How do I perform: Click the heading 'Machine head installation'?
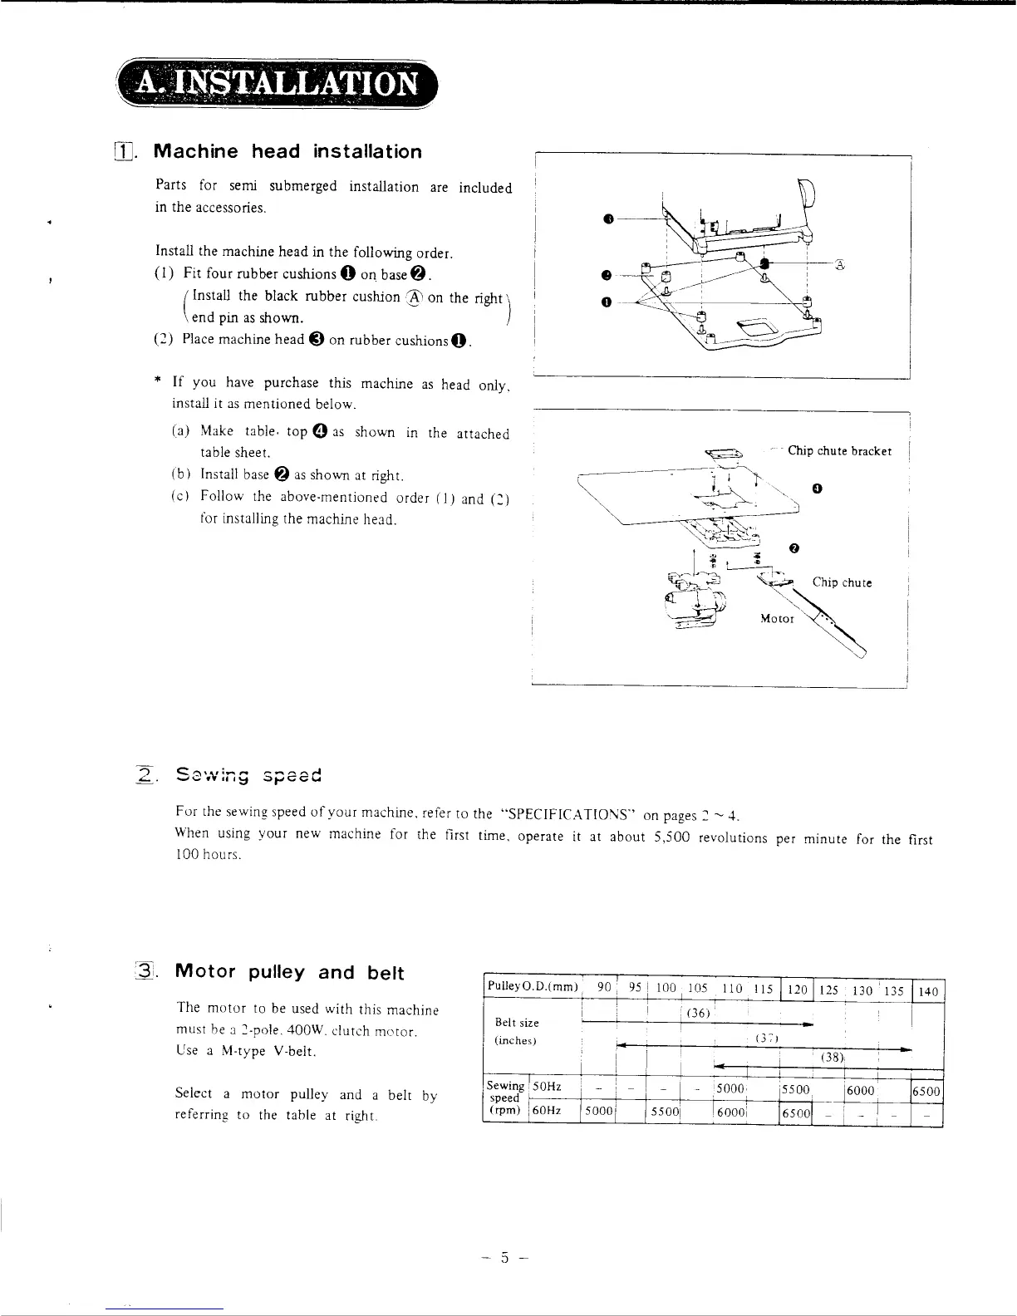tap(288, 152)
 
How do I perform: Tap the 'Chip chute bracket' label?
tap(839, 451)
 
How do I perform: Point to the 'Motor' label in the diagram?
tap(777, 619)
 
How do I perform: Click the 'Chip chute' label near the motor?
tap(842, 582)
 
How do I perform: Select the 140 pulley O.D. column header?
tap(928, 990)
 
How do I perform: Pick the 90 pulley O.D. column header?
tap(605, 989)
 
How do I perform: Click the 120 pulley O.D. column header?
tap(797, 990)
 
